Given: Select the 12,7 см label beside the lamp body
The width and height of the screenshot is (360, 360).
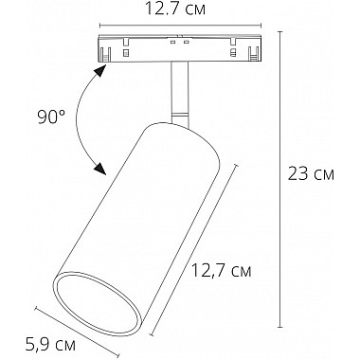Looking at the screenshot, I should pos(218,272).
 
